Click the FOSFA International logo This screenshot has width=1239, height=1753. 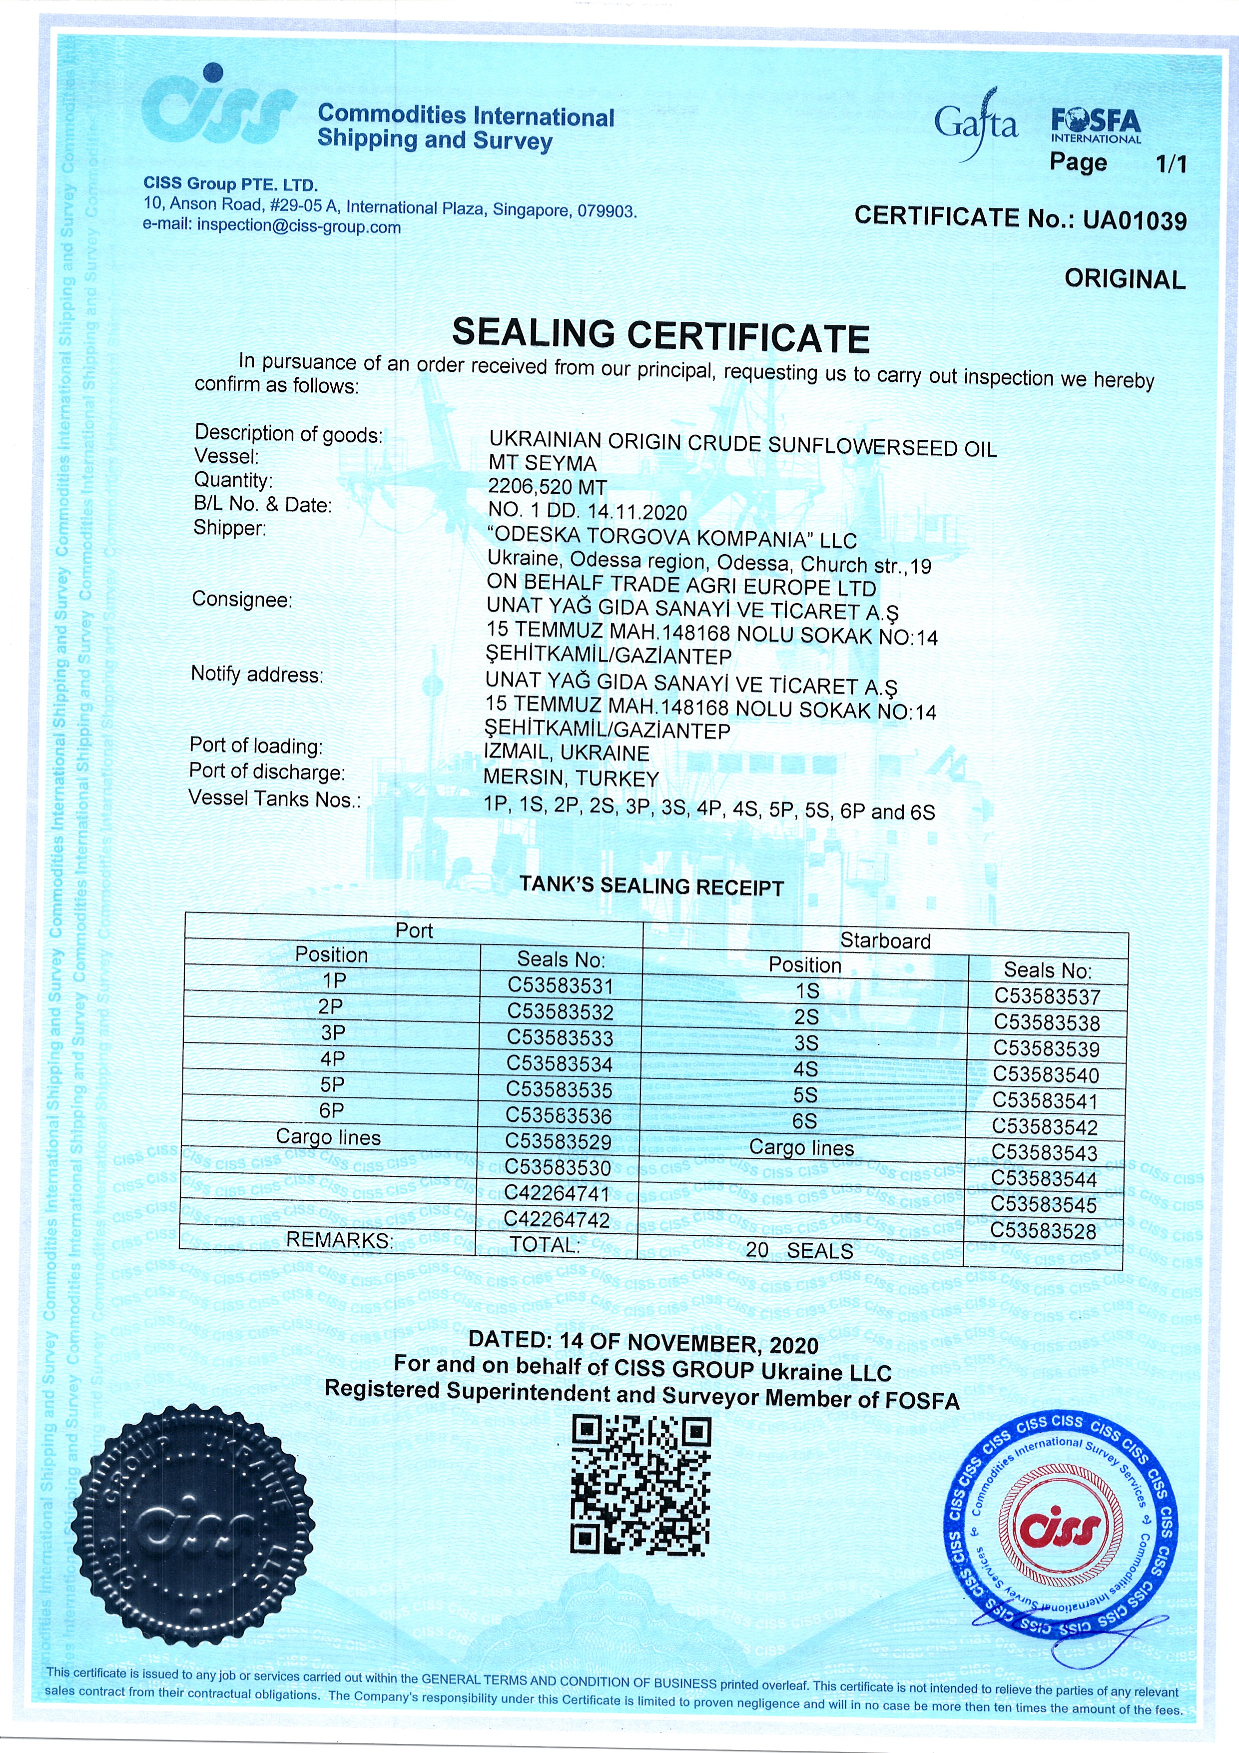coord(1096,126)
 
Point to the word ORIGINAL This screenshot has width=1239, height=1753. coord(1125,279)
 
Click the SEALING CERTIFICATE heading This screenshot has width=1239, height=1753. coord(660,336)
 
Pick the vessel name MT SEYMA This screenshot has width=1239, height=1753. coord(542,463)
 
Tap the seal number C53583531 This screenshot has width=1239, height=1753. coord(561,985)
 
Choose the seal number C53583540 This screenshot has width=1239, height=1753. coord(1046,1075)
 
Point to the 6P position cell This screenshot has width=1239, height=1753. coord(332,1110)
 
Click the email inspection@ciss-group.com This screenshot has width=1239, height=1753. coord(298,227)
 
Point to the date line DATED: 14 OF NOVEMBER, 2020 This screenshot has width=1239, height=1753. coord(643,1341)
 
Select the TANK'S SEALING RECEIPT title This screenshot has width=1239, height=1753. coord(651,887)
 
